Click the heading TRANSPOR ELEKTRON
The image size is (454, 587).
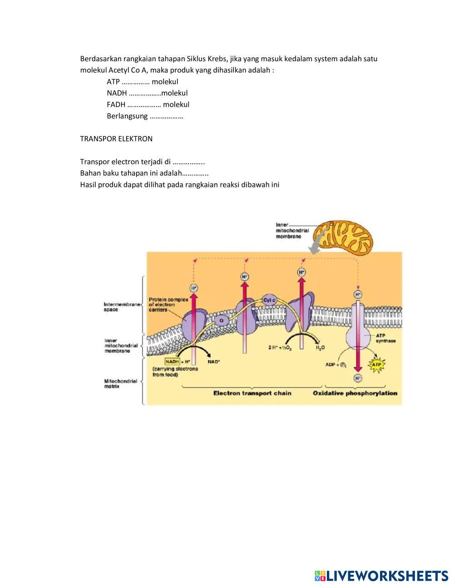point(116,139)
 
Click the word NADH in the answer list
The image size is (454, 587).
point(117,93)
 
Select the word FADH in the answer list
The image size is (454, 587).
point(116,104)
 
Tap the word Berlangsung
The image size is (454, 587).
point(127,116)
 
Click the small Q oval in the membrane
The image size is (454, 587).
point(222,320)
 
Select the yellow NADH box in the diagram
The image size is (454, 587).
point(172,362)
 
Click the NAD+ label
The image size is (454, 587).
point(214,362)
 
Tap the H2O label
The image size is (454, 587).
point(320,347)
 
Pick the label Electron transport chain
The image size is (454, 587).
point(252,393)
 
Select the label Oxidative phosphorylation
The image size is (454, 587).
point(355,393)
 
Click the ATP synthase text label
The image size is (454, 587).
point(385,338)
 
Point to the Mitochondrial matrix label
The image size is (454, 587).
point(121,384)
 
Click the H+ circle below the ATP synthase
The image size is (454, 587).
point(358,378)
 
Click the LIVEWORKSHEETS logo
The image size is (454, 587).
point(381,576)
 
